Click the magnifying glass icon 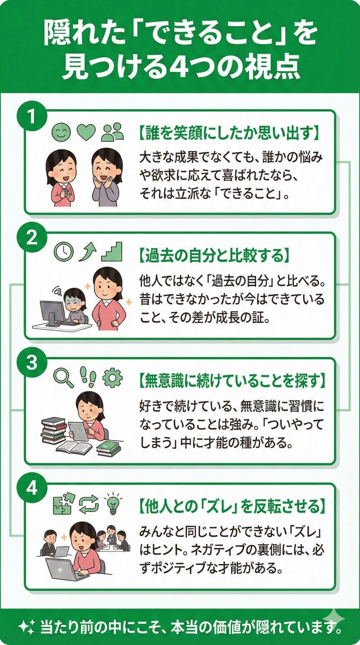[63, 377]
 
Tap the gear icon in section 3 [112, 377]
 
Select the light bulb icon [111, 503]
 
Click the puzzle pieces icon [63, 503]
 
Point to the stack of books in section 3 [54, 430]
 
